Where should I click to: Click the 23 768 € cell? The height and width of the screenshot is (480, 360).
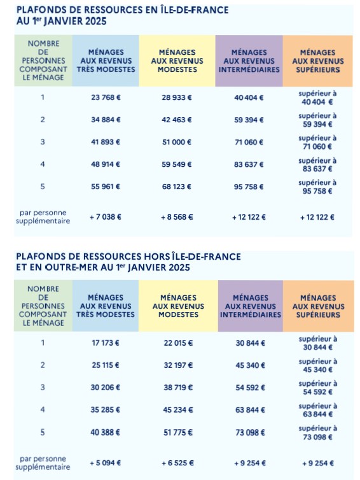pos(106,97)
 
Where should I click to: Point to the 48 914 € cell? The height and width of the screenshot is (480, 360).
pos(106,164)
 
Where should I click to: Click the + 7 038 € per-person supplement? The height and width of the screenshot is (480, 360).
pos(106,216)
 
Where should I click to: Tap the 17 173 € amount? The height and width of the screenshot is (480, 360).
pos(106,343)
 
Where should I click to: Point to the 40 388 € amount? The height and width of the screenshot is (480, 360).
pos(106,432)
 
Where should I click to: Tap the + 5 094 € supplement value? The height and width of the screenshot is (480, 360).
pos(106,463)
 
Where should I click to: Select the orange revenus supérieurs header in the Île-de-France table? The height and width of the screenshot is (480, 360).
pos(318,60)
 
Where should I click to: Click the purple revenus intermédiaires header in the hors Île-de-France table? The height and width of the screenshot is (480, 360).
pos(251,306)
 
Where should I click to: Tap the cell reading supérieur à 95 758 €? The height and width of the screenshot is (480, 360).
pos(317,187)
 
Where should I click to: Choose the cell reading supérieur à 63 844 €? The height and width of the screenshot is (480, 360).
pos(317,410)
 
